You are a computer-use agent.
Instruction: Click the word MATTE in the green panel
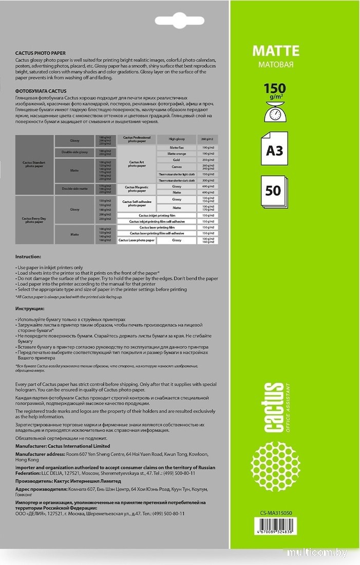275,51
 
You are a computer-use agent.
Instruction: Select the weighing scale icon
275,110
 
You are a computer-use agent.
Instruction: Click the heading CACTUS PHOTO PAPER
41,53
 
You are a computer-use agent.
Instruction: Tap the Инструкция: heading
30,308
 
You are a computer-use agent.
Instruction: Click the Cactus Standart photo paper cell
34,164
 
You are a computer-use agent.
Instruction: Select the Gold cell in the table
176,160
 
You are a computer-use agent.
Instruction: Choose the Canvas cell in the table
176,166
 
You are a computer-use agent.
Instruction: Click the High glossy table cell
176,139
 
